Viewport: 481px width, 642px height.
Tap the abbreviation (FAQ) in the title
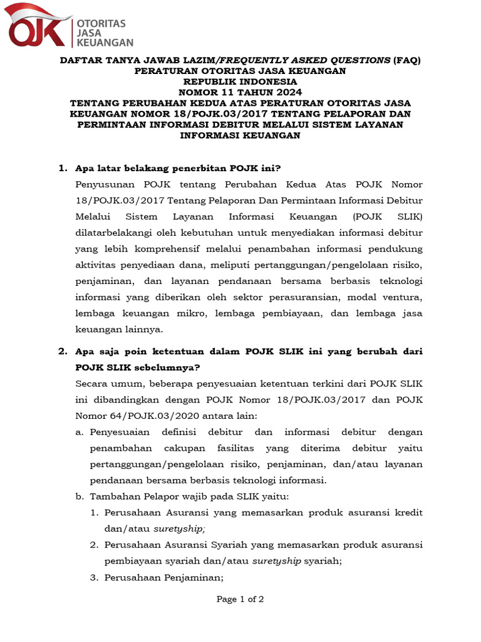click(407, 60)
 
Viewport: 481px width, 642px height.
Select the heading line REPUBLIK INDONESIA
click(240, 82)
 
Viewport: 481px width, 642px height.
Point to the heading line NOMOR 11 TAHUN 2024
click(240, 92)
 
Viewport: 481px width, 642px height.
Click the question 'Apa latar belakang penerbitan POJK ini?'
click(178, 168)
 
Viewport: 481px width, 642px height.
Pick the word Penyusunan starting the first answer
click(104, 184)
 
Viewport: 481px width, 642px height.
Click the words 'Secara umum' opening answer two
click(106, 384)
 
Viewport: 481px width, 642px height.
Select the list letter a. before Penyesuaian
click(79, 432)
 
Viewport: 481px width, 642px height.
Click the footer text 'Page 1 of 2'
click(240, 599)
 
